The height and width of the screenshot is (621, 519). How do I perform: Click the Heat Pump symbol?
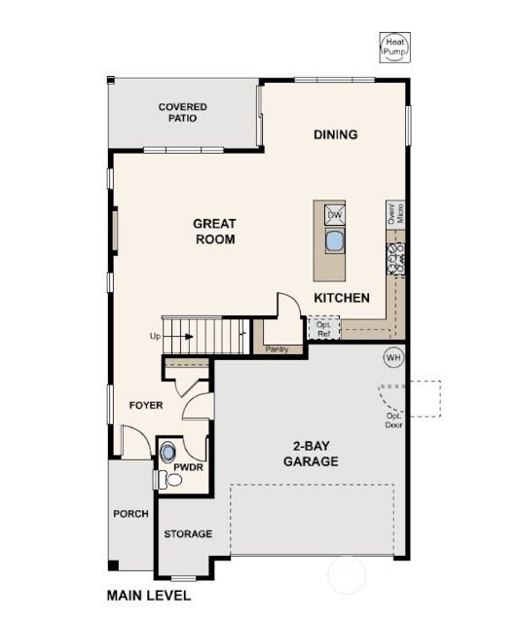click(394, 48)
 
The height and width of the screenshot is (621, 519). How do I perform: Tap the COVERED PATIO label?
click(182, 112)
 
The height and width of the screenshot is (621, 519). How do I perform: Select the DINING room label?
click(335, 134)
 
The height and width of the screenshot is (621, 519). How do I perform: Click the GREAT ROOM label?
click(215, 231)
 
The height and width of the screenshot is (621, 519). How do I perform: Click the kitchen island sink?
click(334, 241)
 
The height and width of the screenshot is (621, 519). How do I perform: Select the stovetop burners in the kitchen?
click(396, 257)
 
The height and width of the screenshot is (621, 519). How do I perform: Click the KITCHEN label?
click(341, 298)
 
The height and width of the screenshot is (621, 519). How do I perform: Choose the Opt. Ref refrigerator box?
click(323, 328)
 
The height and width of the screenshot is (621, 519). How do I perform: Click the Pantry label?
click(277, 347)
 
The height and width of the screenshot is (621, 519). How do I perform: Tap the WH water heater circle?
click(393, 357)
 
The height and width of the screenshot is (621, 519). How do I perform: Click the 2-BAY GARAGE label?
click(312, 454)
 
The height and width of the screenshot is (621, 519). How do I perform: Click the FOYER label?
click(146, 405)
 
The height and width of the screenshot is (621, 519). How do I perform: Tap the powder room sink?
click(167, 452)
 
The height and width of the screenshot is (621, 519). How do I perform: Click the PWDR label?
click(187, 467)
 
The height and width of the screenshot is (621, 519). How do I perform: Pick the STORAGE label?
click(187, 534)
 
